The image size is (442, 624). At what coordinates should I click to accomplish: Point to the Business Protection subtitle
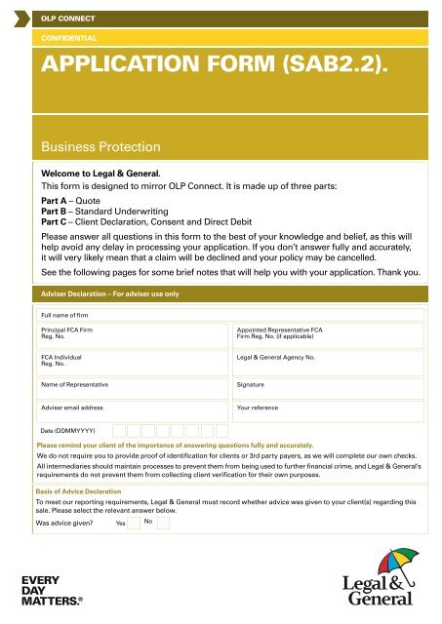coord(99,147)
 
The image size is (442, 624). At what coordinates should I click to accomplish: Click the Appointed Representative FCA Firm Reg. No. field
coord(328,335)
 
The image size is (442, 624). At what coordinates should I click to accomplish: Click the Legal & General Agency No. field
coord(328,363)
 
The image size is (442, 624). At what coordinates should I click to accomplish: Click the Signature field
coord(328,387)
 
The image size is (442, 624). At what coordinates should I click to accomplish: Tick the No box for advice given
coord(163,523)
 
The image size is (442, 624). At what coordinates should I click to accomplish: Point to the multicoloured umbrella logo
coord(398,565)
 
